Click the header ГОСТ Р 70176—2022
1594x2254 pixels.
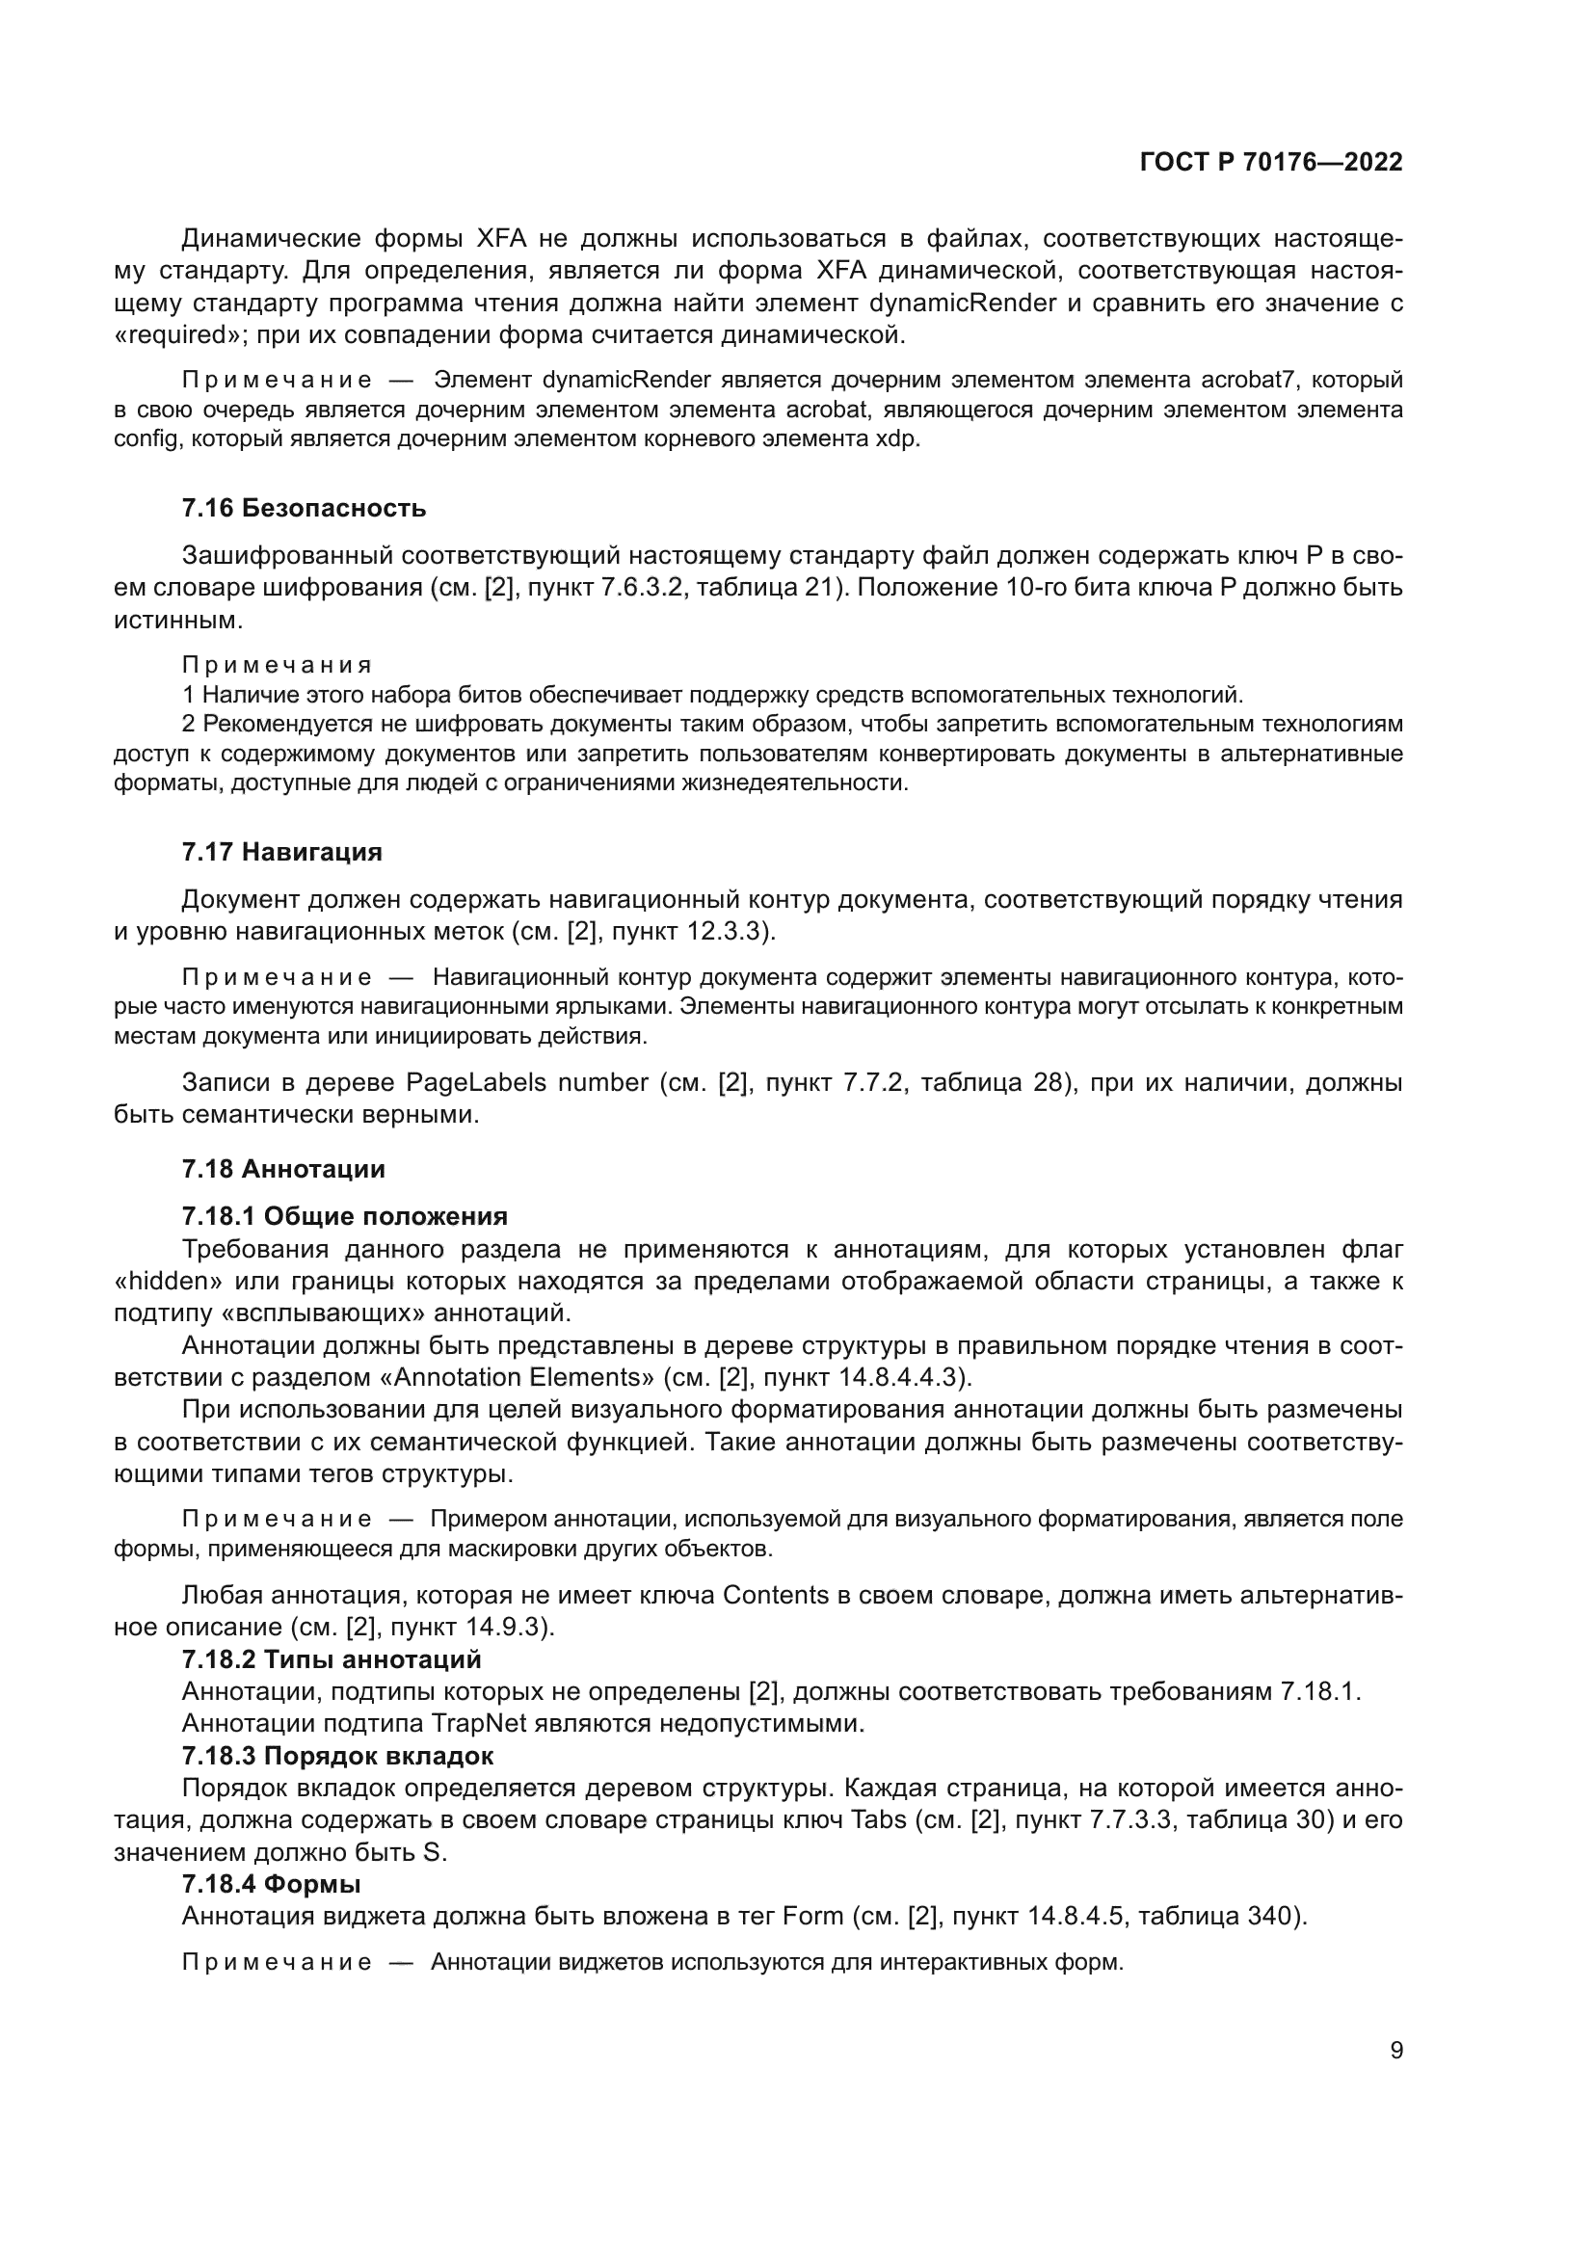pos(1271,163)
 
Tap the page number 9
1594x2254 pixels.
pos(1395,2051)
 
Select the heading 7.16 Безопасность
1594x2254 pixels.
pos(304,509)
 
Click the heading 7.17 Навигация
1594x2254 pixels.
pos(281,852)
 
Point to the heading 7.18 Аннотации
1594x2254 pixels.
pos(282,1169)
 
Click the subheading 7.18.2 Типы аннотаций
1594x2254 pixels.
pos(332,1660)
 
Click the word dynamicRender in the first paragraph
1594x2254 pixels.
pos(962,304)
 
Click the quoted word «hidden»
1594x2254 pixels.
pos(165,1282)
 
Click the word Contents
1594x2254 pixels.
pos(776,1595)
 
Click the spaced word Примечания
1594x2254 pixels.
pos(277,666)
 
